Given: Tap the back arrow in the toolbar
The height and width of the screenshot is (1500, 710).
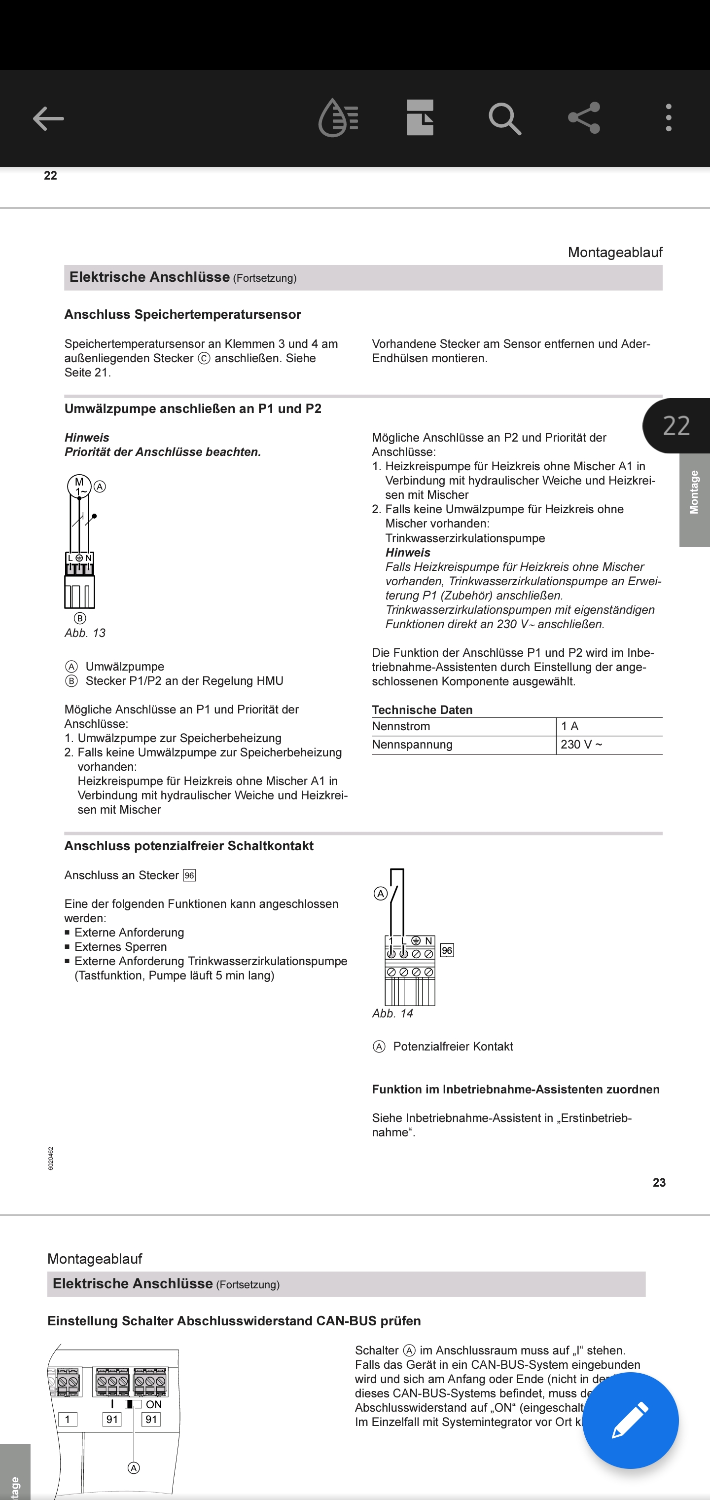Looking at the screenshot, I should pyautogui.click(x=48, y=119).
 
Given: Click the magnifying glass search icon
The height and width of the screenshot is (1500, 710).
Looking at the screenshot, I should pyautogui.click(x=504, y=119).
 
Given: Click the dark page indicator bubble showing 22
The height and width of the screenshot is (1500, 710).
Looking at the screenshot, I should pyautogui.click(x=676, y=426).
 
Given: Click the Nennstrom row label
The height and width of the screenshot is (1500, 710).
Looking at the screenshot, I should pyautogui.click(x=401, y=726).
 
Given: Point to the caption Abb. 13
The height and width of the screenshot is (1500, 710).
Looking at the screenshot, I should pyautogui.click(x=85, y=633).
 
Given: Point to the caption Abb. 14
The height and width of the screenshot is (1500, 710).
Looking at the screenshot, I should pyautogui.click(x=393, y=1013).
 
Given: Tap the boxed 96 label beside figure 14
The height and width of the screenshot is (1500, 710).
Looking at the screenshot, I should pyautogui.click(x=447, y=950).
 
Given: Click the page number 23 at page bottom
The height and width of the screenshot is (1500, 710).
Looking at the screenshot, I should pyautogui.click(x=659, y=1182).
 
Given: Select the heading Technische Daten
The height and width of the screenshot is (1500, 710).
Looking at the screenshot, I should pyautogui.click(x=423, y=710).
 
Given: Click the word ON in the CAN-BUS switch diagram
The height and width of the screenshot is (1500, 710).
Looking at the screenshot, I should pyautogui.click(x=154, y=1404).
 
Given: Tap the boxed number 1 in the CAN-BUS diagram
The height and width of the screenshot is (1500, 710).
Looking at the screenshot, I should pyautogui.click(x=68, y=1419).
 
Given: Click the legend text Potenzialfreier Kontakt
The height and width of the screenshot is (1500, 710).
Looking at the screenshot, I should pyautogui.click(x=453, y=1047).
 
